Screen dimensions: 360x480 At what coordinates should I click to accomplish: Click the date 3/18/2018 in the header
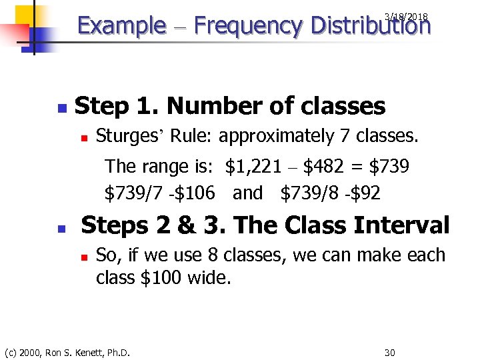click(x=406, y=16)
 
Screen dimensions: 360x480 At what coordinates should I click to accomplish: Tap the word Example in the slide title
click(x=122, y=27)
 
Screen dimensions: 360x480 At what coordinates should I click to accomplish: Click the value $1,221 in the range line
click(x=253, y=166)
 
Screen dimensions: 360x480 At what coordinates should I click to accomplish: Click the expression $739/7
click(x=133, y=193)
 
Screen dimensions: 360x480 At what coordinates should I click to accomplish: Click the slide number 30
click(x=390, y=351)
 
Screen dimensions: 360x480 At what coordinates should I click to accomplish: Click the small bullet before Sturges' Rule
click(x=84, y=137)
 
